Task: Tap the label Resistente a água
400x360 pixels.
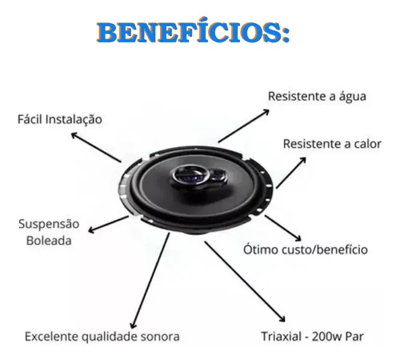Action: tap(317, 97)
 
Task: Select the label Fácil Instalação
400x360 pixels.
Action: tap(60, 119)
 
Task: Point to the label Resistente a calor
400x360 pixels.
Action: tap(332, 144)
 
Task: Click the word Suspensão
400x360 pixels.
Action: tap(49, 224)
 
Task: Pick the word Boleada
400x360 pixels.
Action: tap(49, 241)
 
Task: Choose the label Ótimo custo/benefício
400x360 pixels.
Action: tap(306, 250)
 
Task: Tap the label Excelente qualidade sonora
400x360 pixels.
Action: tap(102, 337)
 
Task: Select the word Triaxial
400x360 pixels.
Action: tap(282, 337)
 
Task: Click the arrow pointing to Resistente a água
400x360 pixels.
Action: tap(244, 126)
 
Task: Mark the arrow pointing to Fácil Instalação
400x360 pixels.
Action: tap(96, 147)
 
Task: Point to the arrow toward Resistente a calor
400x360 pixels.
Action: tap(291, 173)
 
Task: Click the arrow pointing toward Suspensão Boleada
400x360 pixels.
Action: tap(108, 224)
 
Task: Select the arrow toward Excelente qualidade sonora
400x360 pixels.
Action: tap(150, 281)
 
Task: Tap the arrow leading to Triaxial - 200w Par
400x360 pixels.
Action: tap(245, 282)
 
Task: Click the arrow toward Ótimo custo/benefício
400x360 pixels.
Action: tap(283, 228)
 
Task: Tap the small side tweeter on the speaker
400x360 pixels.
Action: tap(218, 176)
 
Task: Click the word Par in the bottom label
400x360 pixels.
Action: tap(354, 337)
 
